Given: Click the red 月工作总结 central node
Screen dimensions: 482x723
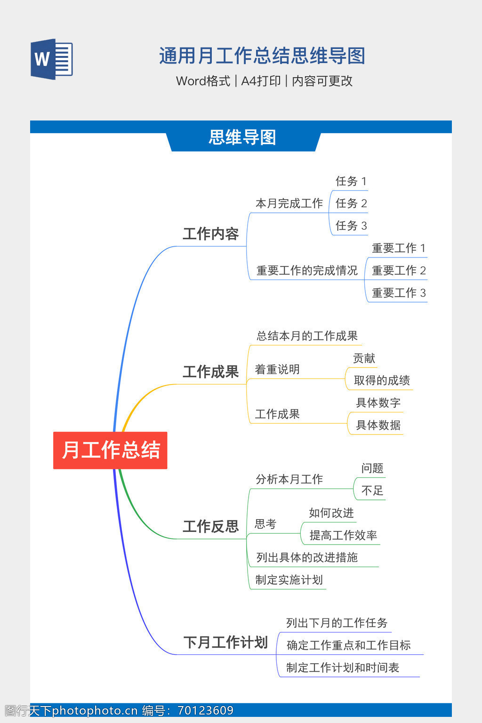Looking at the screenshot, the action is click(110, 450).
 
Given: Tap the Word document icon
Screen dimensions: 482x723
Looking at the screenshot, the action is click(52, 59).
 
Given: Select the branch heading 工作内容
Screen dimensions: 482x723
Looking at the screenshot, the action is click(211, 233).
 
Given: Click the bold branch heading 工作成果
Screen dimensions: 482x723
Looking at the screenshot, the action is click(211, 371).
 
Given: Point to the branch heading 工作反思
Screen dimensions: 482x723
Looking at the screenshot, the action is click(211, 526).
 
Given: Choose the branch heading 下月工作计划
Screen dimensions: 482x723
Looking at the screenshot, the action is click(225, 642).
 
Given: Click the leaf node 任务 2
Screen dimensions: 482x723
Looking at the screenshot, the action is click(351, 203).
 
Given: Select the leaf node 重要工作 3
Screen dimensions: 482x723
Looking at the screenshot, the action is click(399, 293).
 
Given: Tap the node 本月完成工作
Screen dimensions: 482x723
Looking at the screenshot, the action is click(289, 203).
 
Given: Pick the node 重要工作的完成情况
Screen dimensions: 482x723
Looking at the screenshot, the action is click(307, 270).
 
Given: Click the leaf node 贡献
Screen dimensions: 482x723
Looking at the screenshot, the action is click(364, 358).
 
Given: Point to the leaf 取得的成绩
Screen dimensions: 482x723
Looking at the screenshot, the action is click(382, 380).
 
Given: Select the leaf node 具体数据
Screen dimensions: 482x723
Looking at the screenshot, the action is click(378, 425).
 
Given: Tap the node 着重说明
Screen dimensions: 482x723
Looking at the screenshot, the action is click(277, 369).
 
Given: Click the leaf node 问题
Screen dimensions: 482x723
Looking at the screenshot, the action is click(372, 468).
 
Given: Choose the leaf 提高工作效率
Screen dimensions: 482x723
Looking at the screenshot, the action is click(343, 535).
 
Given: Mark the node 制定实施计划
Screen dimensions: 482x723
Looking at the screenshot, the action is click(289, 580).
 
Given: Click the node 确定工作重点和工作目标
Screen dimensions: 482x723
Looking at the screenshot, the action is click(349, 645).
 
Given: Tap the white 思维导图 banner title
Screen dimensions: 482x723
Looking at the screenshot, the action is click(242, 137).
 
